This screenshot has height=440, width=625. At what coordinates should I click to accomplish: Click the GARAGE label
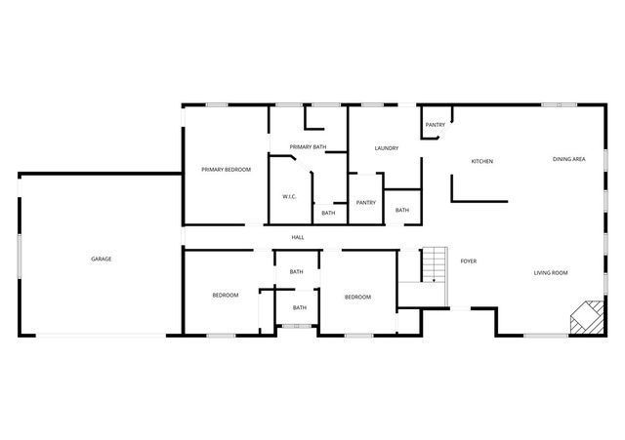pyautogui.click(x=102, y=259)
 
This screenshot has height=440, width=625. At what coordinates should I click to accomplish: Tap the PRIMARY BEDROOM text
pyautogui.click(x=226, y=170)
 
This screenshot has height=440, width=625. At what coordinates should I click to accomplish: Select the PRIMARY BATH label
pyautogui.click(x=308, y=147)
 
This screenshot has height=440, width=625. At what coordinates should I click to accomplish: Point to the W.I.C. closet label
pyautogui.click(x=290, y=196)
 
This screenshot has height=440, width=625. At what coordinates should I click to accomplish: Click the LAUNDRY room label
pyautogui.click(x=386, y=148)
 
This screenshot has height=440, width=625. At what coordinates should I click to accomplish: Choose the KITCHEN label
pyautogui.click(x=481, y=161)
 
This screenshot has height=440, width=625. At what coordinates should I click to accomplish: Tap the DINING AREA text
pyautogui.click(x=568, y=159)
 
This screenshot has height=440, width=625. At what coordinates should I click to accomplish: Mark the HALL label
pyautogui.click(x=298, y=237)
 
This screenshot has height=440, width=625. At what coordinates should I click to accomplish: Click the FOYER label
pyautogui.click(x=469, y=261)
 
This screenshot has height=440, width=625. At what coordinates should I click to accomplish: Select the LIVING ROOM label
pyautogui.click(x=551, y=273)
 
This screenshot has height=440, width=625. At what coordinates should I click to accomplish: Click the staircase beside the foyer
pyautogui.click(x=433, y=265)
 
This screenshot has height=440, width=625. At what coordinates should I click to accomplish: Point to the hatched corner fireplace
pyautogui.click(x=587, y=318)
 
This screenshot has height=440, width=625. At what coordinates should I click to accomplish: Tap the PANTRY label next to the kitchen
pyautogui.click(x=436, y=125)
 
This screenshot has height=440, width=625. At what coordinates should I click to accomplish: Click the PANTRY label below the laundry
pyautogui.click(x=366, y=203)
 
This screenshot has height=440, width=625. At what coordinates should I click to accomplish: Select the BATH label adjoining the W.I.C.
pyautogui.click(x=328, y=213)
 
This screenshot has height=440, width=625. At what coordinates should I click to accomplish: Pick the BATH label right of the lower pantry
pyautogui.click(x=402, y=210)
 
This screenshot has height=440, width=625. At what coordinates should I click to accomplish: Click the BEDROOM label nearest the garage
pyautogui.click(x=226, y=295)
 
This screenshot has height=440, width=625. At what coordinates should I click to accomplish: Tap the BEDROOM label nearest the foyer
pyautogui.click(x=357, y=297)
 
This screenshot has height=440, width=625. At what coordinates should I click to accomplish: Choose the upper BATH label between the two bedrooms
pyautogui.click(x=297, y=272)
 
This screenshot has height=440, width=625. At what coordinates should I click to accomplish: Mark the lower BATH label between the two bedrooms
pyautogui.click(x=300, y=308)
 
